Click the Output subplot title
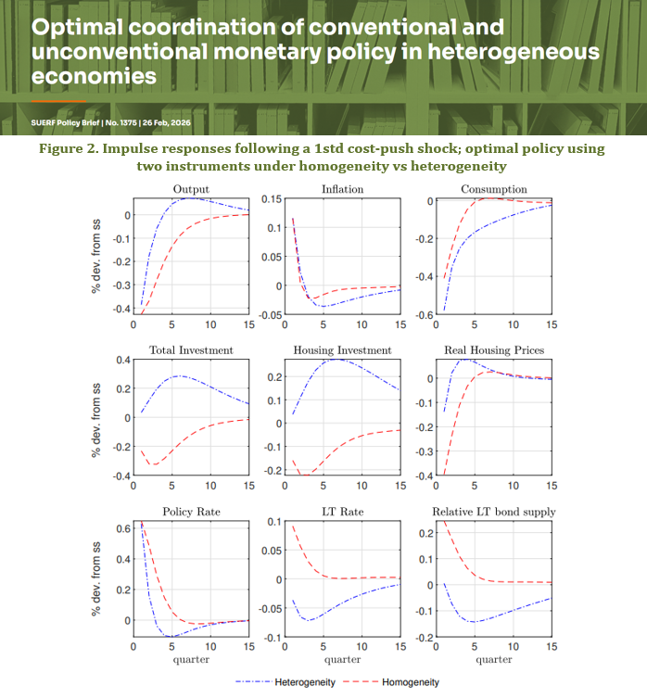[x=190, y=189]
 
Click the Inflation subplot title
[x=341, y=189]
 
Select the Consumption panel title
[x=492, y=189]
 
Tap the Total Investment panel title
[x=190, y=349]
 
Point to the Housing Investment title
[x=341, y=349]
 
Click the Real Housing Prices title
[x=492, y=349]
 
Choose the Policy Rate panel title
[x=190, y=512]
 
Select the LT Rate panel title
[x=341, y=512]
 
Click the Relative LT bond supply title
[x=492, y=512]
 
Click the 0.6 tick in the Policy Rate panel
[x=121, y=528]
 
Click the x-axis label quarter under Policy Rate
[x=190, y=660]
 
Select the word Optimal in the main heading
[x=70, y=27]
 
